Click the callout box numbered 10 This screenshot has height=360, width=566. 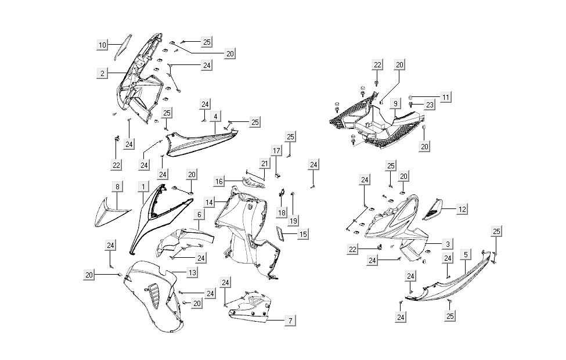click(x=102, y=45)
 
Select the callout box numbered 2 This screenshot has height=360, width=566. click(x=102, y=73)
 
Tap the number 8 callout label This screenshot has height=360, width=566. click(x=117, y=187)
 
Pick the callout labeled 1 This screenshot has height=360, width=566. click(x=141, y=187)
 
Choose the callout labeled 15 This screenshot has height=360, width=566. click(x=303, y=234)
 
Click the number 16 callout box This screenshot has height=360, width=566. click(x=219, y=182)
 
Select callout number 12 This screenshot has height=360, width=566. click(x=462, y=209)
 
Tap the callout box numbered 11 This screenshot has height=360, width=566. click(x=445, y=97)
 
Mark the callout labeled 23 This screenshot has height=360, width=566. click(x=445, y=105)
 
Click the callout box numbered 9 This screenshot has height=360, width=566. click(x=395, y=104)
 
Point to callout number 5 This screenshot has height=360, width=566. click(x=466, y=254)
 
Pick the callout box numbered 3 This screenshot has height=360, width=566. click(x=448, y=244)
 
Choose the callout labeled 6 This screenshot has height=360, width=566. click(x=199, y=214)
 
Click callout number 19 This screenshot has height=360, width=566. click(x=293, y=221)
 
